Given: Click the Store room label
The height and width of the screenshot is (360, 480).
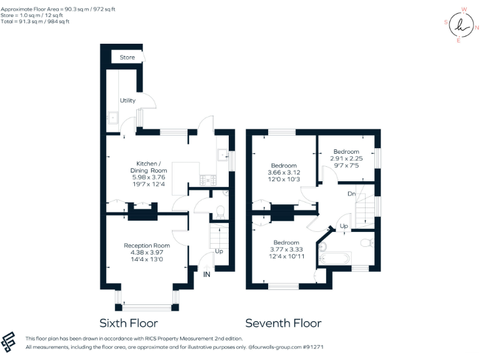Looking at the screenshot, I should tap(127, 57).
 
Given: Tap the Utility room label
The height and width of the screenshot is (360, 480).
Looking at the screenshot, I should tap(127, 101).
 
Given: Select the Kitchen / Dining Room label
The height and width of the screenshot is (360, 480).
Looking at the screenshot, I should tap(149, 166).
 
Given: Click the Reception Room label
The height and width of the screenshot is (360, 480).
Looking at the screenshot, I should tap(147, 245).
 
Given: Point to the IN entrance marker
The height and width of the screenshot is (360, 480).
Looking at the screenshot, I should tap(206, 273).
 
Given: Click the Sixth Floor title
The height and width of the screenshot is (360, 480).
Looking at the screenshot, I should tap(129, 323).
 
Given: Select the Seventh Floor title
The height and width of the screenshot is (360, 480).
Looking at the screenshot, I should tap(283, 323).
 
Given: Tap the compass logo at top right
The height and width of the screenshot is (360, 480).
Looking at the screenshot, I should tap(461, 25).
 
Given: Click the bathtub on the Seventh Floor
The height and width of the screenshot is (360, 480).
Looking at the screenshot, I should tap(335, 257).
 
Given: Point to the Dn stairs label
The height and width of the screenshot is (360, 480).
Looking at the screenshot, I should tap(352, 194).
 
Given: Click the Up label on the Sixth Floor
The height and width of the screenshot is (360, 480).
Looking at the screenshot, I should tap(219, 251).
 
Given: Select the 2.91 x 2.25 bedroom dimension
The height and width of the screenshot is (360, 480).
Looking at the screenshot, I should tap(346, 159).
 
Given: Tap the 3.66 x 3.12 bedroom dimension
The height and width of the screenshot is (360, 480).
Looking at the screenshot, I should tap(284, 172).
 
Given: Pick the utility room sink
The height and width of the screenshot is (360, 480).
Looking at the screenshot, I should tap(113, 117).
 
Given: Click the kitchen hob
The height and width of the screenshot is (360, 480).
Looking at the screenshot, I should tap(207, 180).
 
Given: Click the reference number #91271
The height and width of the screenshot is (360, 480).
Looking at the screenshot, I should tap(311, 346).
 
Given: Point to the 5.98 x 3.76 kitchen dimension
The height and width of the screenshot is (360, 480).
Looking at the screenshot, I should tap(148, 177).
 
